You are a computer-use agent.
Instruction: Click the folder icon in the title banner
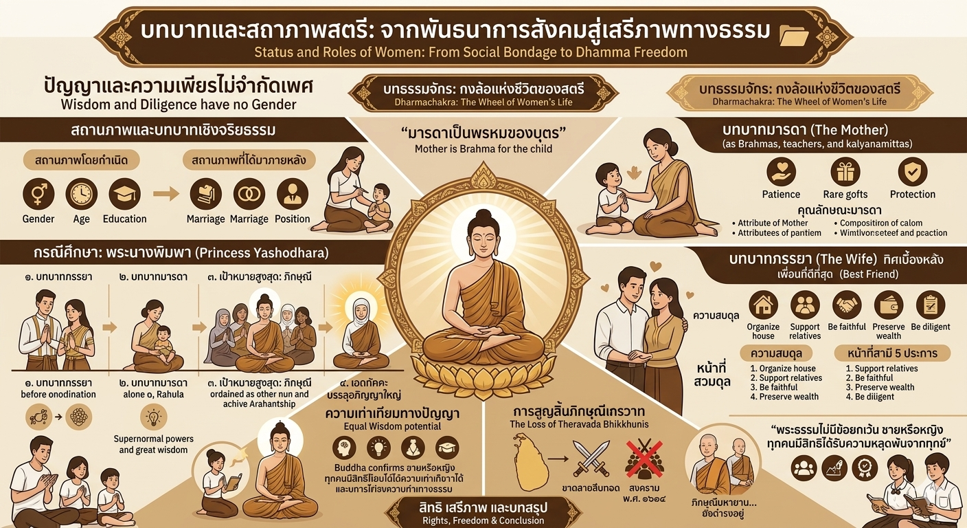[796, 34]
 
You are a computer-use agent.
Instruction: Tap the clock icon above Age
[81, 194]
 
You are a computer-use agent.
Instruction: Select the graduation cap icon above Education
[124, 194]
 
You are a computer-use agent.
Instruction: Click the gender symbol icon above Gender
[38, 194]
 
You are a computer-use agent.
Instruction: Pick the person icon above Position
[293, 194]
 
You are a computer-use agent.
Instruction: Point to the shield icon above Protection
[913, 172]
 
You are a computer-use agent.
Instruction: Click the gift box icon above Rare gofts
[845, 172]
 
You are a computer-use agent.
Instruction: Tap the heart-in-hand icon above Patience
[781, 172]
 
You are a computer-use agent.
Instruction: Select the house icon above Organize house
[763, 305]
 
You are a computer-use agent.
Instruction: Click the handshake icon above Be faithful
[847, 305]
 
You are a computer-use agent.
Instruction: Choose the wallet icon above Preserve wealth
[889, 305]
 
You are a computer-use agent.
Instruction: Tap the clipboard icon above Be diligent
[931, 305]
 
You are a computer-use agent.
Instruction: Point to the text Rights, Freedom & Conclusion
[483, 520]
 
